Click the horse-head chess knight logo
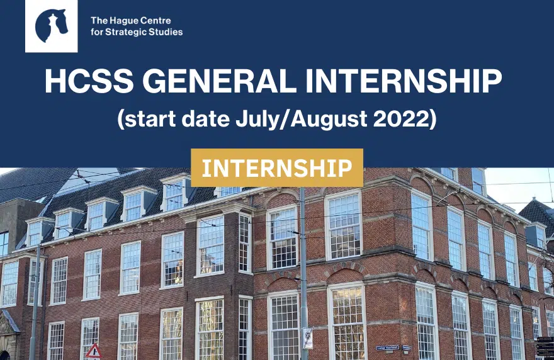tap(52, 26)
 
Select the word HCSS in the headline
tap(89, 81)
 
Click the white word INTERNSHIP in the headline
tap(404, 81)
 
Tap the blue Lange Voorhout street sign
tap(388, 348)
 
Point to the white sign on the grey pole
tap(307, 338)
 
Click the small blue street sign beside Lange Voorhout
tap(407, 348)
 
